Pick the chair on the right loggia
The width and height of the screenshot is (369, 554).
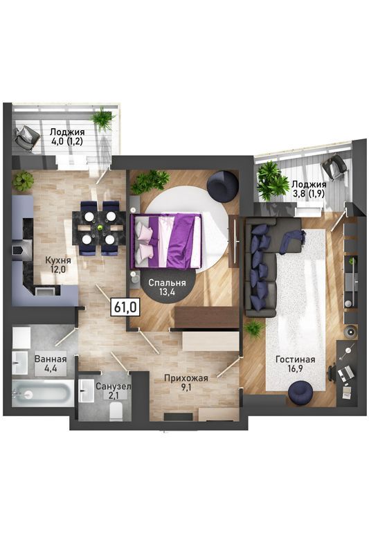click(336, 166)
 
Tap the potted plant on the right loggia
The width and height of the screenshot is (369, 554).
click(272, 182)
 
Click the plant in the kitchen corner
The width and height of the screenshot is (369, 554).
click(23, 181)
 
